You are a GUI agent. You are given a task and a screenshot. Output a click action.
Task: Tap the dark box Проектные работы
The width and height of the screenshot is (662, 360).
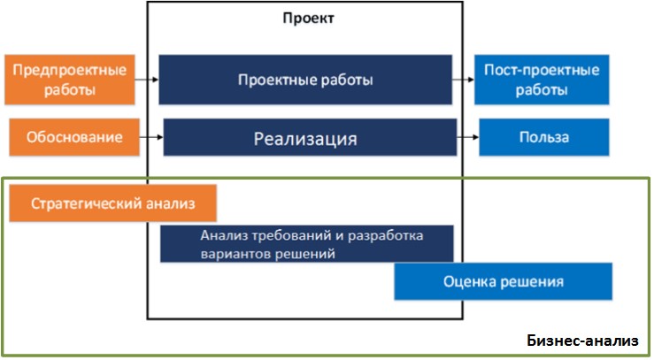[x=305, y=80]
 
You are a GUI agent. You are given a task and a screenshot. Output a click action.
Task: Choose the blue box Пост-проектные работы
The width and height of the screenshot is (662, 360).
[x=543, y=79]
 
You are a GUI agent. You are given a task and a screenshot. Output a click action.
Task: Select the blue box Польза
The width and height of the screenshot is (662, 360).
[x=543, y=138]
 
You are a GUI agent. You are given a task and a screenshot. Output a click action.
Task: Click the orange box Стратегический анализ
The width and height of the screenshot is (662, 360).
[x=112, y=204]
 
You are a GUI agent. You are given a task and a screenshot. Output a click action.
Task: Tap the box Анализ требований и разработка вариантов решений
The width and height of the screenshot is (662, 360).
[x=306, y=243]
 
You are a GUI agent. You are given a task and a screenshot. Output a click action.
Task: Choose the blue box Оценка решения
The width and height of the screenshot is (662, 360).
[x=503, y=281]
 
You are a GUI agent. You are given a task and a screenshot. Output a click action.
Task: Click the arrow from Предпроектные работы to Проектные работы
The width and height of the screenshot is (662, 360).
[x=148, y=80]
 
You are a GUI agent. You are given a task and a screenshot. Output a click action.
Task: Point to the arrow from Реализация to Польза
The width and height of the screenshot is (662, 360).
[x=468, y=138]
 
